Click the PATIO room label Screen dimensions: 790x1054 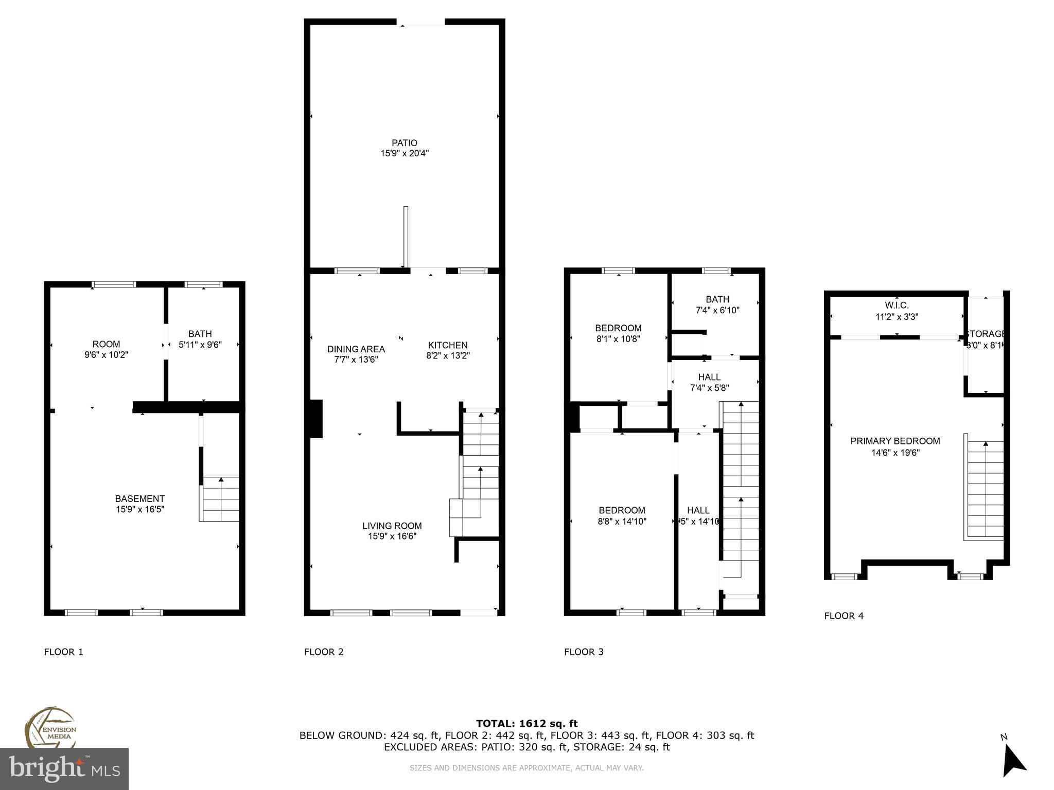click(404, 143)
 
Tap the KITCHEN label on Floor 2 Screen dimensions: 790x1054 click(448, 345)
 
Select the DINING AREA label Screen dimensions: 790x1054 click(356, 349)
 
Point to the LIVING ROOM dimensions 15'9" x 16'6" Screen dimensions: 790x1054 click(392, 536)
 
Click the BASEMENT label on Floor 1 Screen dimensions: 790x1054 click(139, 498)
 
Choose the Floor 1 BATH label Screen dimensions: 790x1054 click(200, 334)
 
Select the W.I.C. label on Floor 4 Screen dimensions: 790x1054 click(897, 306)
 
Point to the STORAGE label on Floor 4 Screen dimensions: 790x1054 click(985, 334)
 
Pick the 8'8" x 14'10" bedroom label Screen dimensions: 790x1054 click(622, 516)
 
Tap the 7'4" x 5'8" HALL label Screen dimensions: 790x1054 click(709, 383)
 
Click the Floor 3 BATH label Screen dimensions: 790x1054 click(717, 299)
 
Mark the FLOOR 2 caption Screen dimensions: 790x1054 click(323, 652)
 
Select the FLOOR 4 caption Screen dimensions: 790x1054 click(844, 616)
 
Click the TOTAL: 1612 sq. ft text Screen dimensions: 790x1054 click(526, 724)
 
